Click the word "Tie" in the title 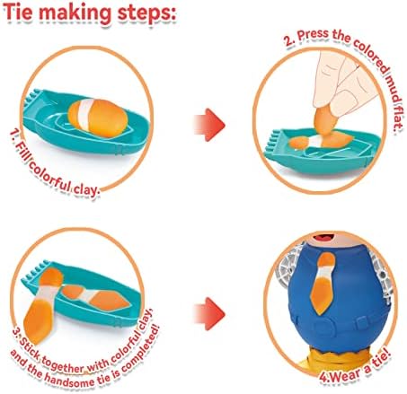coord(17,12)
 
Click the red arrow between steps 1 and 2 coord(209,125)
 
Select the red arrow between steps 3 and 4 coord(209,313)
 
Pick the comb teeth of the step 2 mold coord(272,141)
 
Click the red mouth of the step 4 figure coord(324,238)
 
